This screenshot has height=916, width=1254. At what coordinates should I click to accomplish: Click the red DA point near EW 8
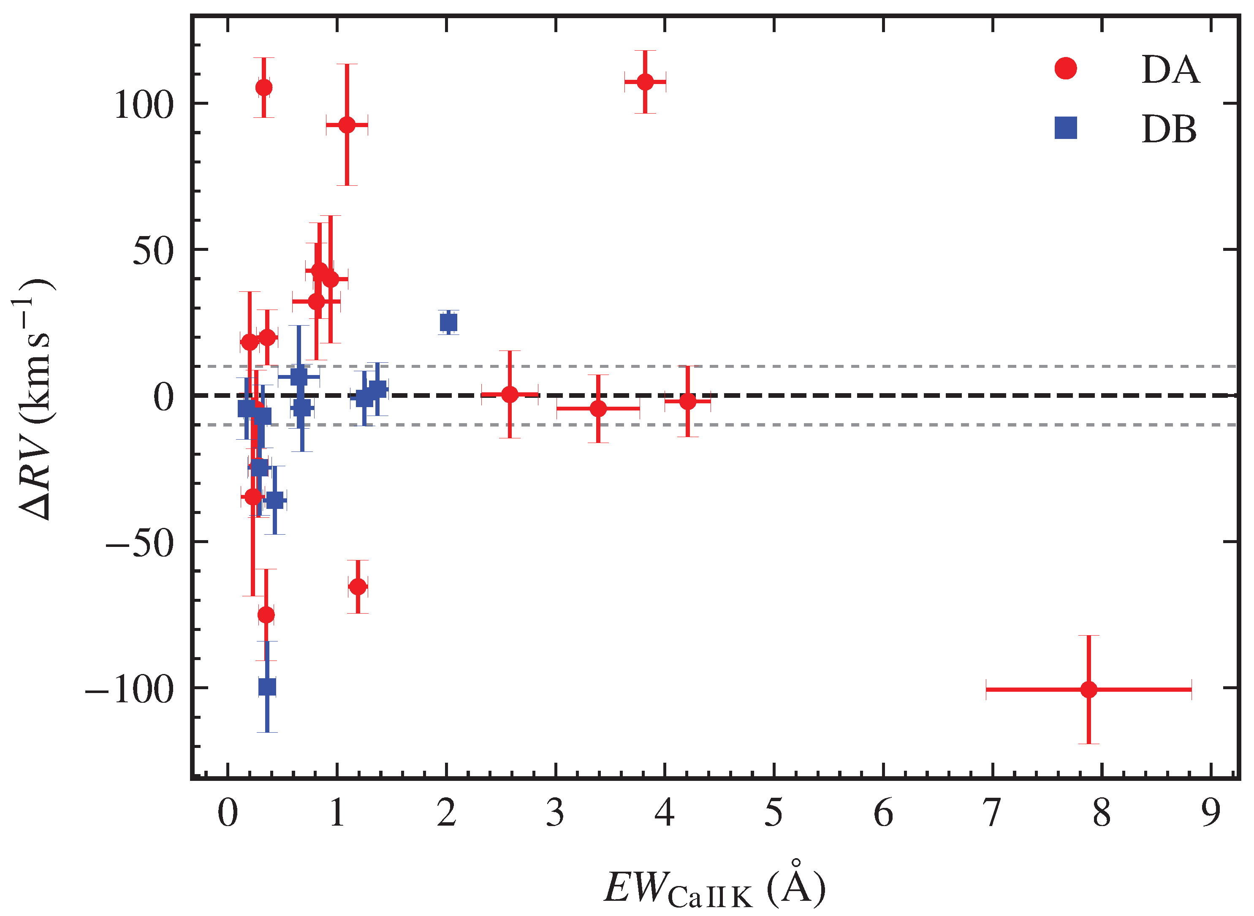point(1088,690)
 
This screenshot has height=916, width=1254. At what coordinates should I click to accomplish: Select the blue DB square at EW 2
point(448,322)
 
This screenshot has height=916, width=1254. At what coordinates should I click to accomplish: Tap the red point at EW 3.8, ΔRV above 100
point(645,82)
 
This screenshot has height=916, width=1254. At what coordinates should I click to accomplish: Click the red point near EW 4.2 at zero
point(687,401)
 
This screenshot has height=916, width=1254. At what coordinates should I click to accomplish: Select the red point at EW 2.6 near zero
point(510,395)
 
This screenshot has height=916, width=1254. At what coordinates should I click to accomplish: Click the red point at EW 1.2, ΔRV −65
point(358,587)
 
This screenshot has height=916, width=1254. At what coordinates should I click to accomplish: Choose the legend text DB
point(1169,130)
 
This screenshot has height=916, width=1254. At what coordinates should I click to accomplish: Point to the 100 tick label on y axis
point(144,105)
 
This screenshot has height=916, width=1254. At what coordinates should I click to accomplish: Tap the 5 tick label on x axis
point(774,813)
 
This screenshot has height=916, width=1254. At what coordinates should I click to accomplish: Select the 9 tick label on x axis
point(1211,813)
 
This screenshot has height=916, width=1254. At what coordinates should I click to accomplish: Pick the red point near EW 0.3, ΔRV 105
point(264,87)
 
